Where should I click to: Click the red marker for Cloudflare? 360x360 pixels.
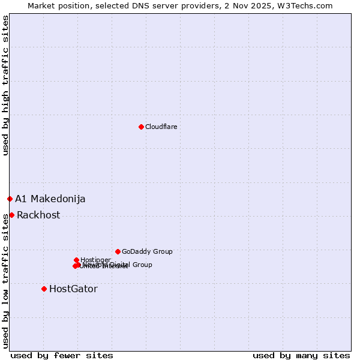(141, 127)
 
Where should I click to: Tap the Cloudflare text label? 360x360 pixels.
(161, 127)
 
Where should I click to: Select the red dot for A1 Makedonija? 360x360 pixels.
(10, 199)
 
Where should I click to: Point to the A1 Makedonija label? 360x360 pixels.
(50, 199)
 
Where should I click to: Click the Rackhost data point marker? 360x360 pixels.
(11, 215)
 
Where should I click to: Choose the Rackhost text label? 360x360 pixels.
(38, 215)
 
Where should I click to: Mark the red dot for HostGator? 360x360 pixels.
(44, 289)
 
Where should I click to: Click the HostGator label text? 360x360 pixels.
(73, 289)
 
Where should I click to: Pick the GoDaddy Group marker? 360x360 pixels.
(118, 251)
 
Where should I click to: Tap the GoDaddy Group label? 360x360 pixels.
(147, 251)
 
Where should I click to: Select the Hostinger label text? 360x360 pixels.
(95, 260)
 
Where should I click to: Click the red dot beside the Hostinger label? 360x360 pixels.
(76, 260)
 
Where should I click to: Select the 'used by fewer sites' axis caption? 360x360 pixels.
(62, 355)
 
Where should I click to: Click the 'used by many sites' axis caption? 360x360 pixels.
(301, 355)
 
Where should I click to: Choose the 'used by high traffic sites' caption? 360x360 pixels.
(5, 85)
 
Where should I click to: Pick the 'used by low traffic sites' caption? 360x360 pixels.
(5, 279)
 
